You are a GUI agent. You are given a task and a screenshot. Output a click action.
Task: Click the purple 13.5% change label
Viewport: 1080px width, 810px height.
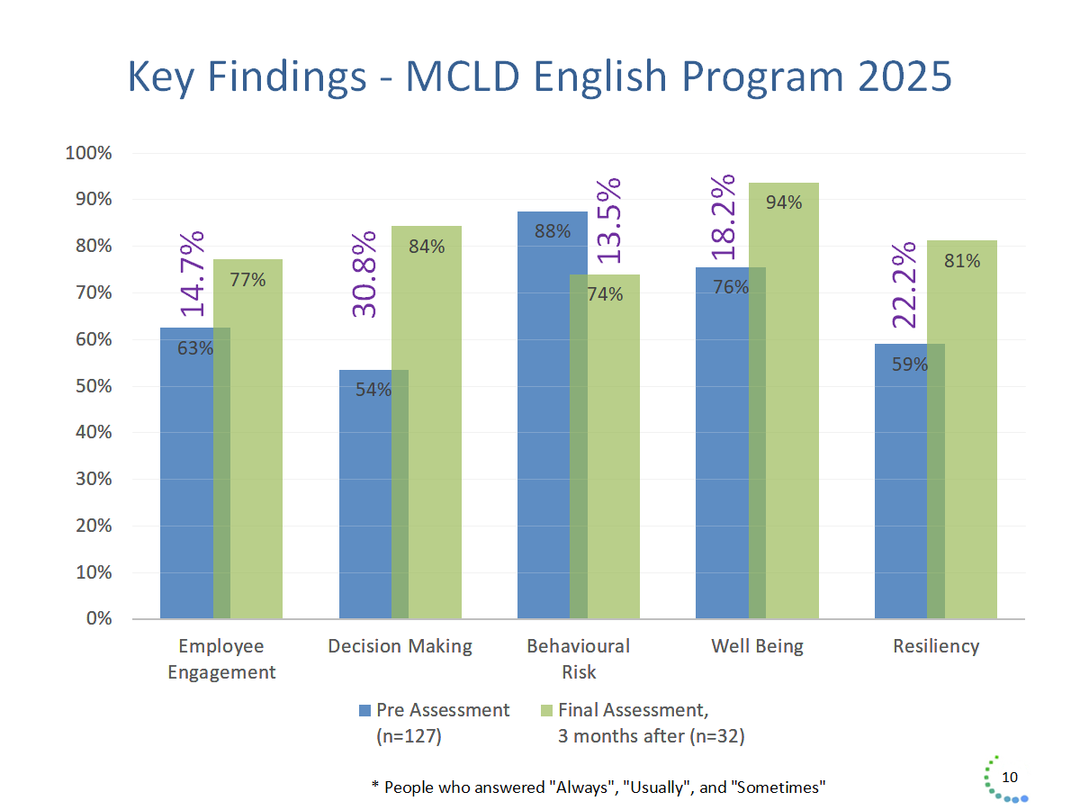click(610, 220)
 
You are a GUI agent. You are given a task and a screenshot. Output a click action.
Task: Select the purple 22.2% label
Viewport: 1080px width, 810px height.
click(904, 284)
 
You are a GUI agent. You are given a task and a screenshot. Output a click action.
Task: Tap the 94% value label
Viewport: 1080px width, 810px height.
click(784, 202)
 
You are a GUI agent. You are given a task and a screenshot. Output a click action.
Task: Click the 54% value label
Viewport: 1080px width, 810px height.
click(373, 391)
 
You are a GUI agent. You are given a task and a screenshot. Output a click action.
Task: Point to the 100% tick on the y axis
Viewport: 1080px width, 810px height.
click(89, 153)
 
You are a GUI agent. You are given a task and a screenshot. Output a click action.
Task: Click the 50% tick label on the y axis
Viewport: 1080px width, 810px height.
click(93, 386)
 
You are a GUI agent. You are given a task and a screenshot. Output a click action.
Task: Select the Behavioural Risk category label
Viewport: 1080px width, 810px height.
click(579, 659)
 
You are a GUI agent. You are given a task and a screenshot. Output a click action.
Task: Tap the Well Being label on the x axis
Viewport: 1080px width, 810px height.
click(757, 646)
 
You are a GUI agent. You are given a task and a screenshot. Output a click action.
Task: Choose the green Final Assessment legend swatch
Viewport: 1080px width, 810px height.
click(545, 710)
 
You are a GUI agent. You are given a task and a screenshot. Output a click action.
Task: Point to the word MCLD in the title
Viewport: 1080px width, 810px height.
click(463, 77)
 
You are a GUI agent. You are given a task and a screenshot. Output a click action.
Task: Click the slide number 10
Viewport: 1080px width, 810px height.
click(1010, 778)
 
